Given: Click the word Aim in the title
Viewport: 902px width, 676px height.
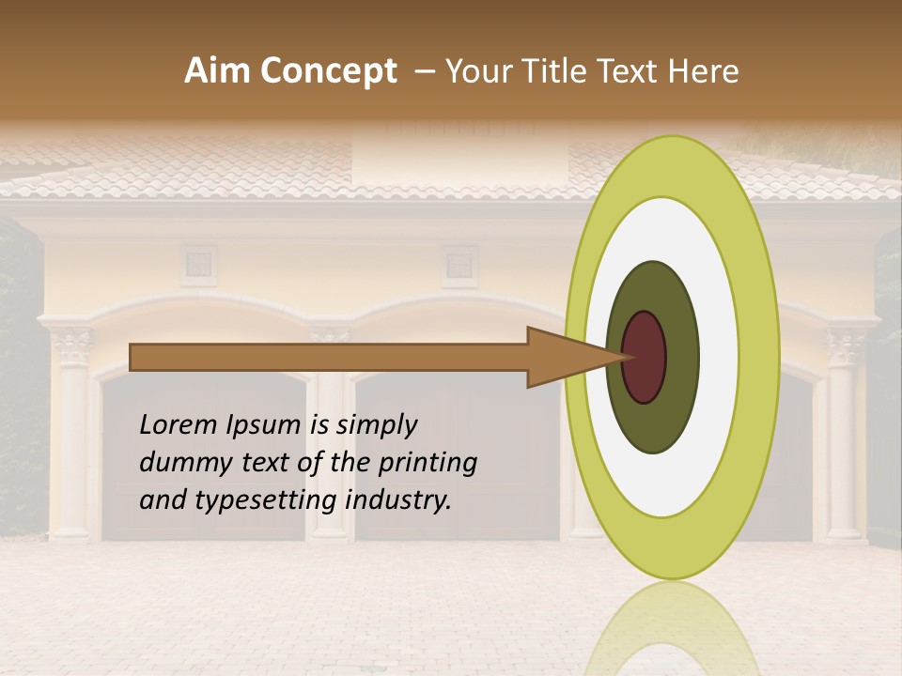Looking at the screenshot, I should click(217, 71).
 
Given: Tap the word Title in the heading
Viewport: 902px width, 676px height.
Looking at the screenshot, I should click(556, 71).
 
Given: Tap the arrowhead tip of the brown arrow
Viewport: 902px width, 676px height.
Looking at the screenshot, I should click(628, 357).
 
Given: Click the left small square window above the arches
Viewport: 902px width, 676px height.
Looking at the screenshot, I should click(198, 265).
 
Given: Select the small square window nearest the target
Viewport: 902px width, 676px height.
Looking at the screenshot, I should click(459, 265).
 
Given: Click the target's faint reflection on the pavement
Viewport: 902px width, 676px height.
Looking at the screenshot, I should click(672, 629).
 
